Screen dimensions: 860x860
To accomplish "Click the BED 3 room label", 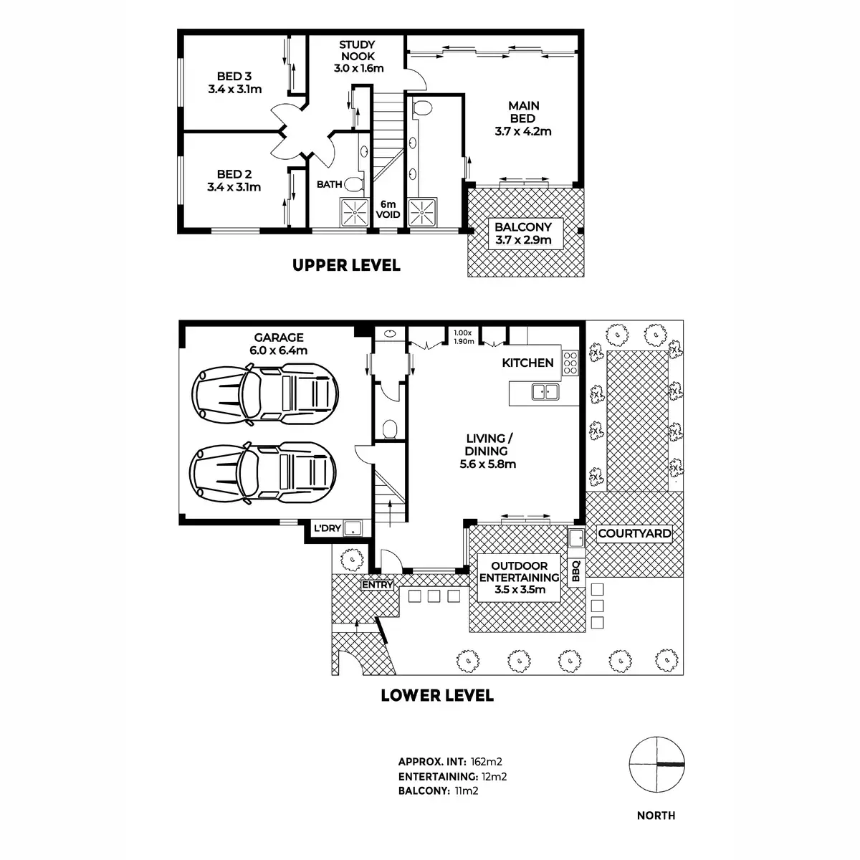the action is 234,76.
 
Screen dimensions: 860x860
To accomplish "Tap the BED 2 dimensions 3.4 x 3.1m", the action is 234,188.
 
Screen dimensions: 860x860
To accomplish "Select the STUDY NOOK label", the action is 358,50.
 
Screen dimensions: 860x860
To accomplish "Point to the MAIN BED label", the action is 523,112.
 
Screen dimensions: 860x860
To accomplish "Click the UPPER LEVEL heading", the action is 346,265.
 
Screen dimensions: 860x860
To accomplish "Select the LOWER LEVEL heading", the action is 436,694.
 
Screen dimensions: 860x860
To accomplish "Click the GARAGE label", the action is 278,338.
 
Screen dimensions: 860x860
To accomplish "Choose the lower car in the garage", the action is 263,471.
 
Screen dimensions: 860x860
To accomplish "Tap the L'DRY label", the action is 325,529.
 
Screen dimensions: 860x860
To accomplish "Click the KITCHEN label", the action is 527,363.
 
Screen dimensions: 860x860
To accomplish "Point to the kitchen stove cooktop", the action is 570,363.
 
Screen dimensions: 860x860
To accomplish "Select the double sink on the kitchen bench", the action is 545,391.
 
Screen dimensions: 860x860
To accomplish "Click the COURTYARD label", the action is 634,533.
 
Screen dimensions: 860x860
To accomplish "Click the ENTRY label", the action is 378,585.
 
